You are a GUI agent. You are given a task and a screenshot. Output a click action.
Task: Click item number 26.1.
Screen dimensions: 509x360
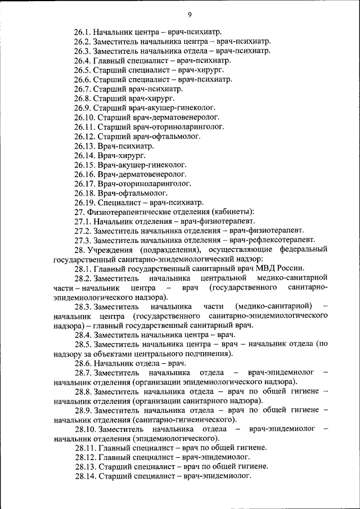point(83,32)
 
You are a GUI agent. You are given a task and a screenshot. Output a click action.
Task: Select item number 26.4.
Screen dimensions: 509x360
point(83,60)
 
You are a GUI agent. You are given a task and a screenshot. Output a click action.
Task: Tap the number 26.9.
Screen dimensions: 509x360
point(83,107)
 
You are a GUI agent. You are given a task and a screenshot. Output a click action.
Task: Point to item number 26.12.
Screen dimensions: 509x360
point(85,136)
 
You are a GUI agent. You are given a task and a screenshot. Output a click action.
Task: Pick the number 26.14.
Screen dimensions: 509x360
point(85,155)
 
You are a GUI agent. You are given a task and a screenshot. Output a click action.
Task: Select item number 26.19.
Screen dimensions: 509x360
point(85,202)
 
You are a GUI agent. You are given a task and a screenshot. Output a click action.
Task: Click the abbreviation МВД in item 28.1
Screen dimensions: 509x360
point(271,268)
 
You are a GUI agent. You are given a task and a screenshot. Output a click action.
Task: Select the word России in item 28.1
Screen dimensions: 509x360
point(293,268)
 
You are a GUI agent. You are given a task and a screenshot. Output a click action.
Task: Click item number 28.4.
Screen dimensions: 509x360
point(83,335)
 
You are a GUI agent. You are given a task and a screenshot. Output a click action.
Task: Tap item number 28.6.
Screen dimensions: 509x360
point(83,363)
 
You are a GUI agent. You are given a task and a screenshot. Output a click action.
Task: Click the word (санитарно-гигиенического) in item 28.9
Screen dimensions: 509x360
point(184,420)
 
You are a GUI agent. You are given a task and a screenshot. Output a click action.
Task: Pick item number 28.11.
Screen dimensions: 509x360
point(85,448)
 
